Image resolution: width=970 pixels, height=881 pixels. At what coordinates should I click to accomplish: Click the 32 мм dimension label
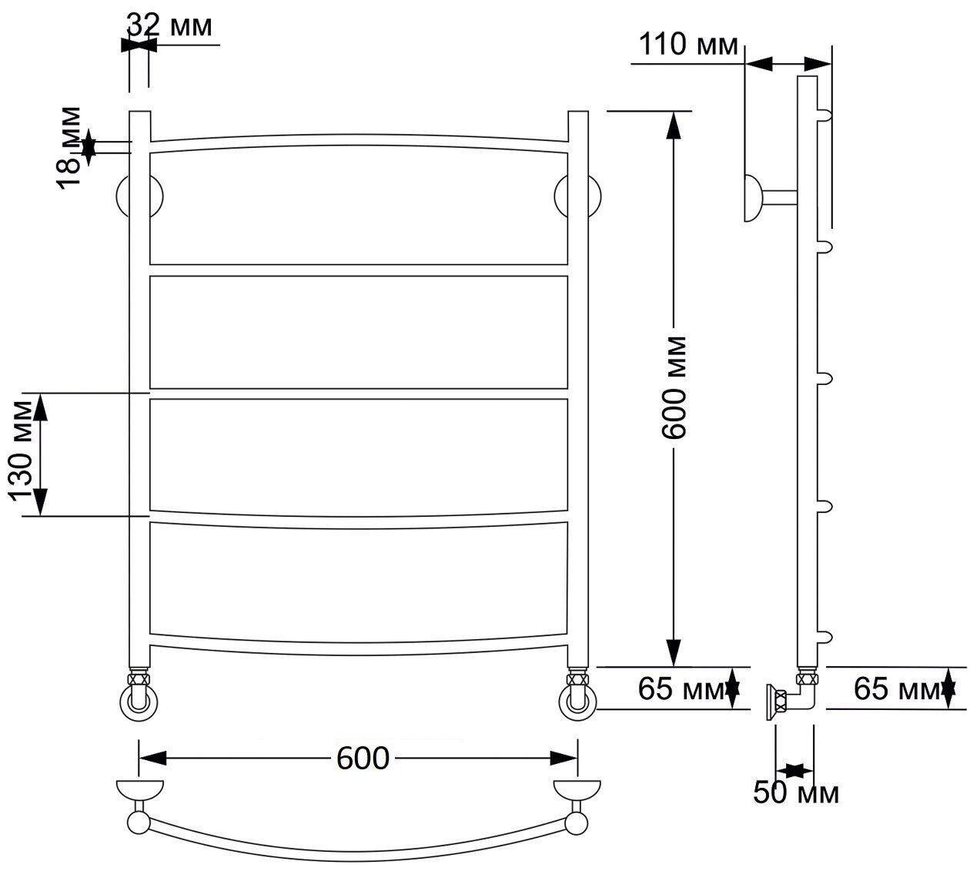click(x=169, y=25)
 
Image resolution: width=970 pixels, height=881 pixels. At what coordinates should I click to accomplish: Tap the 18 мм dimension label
click(x=69, y=148)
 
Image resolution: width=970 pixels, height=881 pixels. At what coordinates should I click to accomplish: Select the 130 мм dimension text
click(x=22, y=451)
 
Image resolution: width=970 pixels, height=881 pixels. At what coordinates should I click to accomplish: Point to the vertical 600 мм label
click(x=674, y=387)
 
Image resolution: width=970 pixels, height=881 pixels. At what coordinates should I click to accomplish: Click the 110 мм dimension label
click(x=688, y=45)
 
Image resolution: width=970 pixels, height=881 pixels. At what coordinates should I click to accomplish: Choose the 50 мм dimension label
click(x=796, y=792)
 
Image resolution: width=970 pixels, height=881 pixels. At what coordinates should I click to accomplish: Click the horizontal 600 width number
click(x=363, y=758)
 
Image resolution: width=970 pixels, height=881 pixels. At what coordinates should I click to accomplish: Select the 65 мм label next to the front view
click(x=681, y=688)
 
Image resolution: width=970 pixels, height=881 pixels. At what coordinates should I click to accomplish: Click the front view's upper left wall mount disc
click(x=140, y=196)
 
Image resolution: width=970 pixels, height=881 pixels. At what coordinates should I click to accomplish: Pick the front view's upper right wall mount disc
click(x=578, y=196)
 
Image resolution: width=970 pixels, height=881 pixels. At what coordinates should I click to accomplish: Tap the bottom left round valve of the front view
click(x=139, y=703)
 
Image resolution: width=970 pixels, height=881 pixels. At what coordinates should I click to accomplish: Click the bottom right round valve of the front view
click(x=577, y=703)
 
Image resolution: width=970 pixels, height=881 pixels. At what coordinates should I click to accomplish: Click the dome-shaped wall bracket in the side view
click(x=752, y=198)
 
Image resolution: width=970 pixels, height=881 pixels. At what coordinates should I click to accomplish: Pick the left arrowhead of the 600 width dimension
click(x=152, y=758)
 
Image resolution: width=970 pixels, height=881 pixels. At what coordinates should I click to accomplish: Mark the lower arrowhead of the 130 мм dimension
click(x=41, y=502)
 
